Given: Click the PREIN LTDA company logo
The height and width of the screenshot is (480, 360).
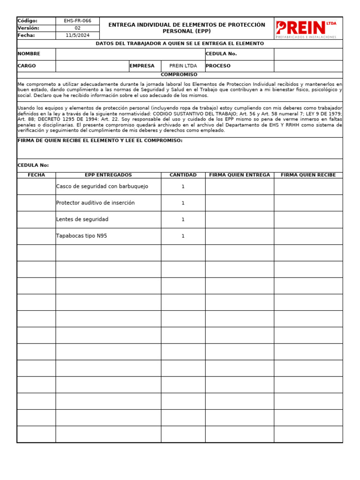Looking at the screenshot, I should pos(308,28).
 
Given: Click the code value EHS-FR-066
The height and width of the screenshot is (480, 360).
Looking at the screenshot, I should pos(77,21).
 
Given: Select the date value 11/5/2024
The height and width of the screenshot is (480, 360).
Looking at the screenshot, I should pos(77,35).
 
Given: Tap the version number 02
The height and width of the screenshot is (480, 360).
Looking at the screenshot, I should pos(77,28).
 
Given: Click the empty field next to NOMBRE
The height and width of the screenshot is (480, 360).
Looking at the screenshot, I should pos(130,54).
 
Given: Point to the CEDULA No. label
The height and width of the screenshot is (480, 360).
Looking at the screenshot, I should pos(221,54).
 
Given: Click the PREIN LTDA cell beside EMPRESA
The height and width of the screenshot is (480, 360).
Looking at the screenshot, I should pos(183,66).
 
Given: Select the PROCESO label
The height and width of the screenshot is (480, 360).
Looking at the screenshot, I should pos(218,66).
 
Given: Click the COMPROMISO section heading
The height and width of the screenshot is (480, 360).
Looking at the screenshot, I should pos(179,75).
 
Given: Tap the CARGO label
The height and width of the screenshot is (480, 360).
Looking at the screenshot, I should pos(27,66).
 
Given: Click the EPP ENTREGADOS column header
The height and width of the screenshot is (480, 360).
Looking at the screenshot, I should pos(108,175).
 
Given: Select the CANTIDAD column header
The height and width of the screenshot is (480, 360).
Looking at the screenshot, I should pos(183,175).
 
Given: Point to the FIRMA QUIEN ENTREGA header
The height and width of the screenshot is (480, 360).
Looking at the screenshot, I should pos(240,175).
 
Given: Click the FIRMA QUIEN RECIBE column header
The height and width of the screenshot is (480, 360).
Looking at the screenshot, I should pos(308,175).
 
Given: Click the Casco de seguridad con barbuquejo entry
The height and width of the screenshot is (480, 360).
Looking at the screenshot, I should pos(102,187).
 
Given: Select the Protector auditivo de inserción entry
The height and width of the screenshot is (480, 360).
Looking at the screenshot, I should pos(95,203).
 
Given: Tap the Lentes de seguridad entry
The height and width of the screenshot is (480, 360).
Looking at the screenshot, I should pos(82,219).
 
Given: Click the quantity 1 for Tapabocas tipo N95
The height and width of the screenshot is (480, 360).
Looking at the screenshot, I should pos(183,236).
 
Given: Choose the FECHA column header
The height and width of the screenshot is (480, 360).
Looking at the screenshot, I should pos(36,175).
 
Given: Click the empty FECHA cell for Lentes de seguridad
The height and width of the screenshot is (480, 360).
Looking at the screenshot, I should pos(36,219).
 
